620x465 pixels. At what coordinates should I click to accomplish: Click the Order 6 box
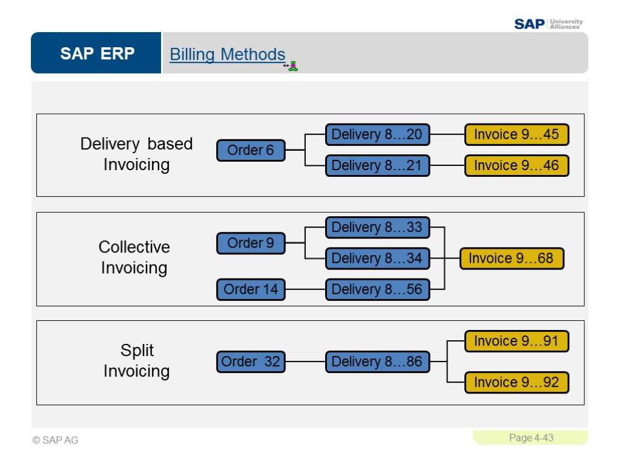[251, 150]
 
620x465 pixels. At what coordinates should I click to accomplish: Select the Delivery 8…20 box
[377, 134]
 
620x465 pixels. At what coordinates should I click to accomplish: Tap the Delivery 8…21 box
[377, 165]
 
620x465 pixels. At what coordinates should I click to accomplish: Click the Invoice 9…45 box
[516, 134]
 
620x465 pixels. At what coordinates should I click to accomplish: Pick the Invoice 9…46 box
[516, 165]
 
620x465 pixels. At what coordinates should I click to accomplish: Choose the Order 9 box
[251, 243]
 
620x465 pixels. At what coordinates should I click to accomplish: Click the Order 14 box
[251, 289]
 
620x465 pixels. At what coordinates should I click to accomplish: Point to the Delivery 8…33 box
[377, 228]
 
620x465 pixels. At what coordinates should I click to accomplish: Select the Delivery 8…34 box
[377, 259]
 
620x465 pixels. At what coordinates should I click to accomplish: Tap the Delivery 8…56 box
[377, 289]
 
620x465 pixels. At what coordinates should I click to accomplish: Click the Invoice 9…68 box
[511, 259]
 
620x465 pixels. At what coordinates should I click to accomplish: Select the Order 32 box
[251, 362]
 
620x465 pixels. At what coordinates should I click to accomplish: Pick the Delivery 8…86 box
[377, 362]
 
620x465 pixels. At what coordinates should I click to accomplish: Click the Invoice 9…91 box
[516, 341]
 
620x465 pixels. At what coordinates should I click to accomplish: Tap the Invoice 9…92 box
[516, 383]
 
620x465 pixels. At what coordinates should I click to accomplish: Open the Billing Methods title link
[227, 54]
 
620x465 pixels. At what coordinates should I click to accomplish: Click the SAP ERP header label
[97, 54]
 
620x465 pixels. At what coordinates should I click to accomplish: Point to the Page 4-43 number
[531, 438]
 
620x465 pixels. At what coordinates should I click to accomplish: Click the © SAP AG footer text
[56, 440]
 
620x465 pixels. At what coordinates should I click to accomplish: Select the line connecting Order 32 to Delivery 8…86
[305, 362]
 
